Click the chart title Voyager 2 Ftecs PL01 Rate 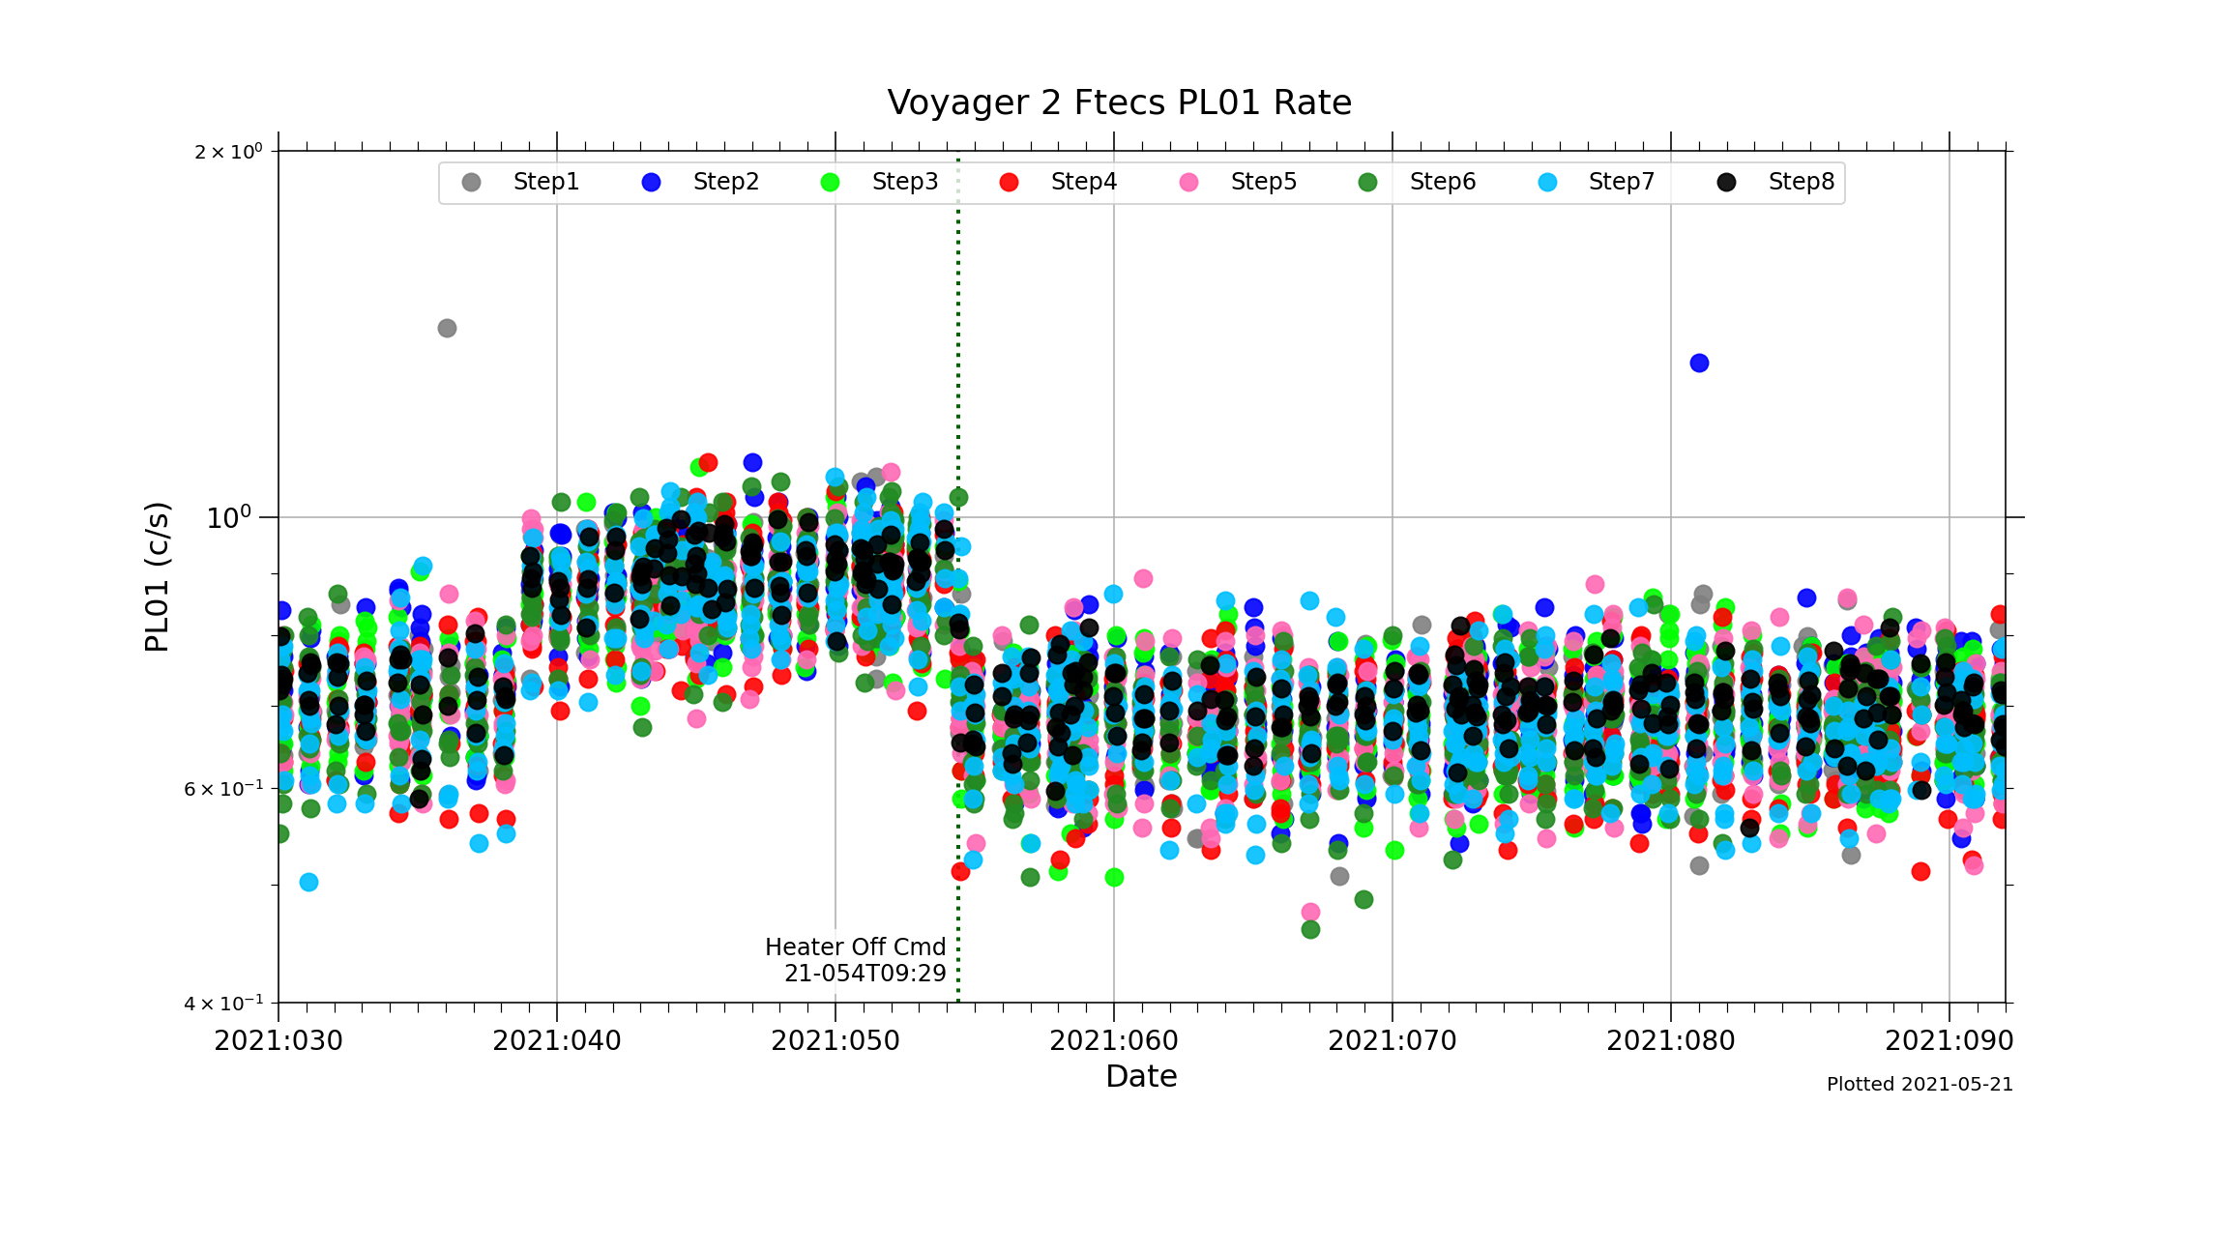(1119, 102)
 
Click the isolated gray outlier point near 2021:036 (447, 328)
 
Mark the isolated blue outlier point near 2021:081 (1699, 363)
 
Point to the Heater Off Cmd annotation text (855, 960)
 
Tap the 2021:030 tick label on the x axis (278, 1041)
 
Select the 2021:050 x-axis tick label (835, 1041)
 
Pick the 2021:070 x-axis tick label (1392, 1041)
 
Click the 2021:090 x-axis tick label (1949, 1041)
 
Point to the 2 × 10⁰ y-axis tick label (228, 152)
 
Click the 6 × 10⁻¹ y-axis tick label (222, 789)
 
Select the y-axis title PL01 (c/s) (157, 576)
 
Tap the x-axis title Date (1141, 1076)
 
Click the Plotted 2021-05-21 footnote (1920, 1085)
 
